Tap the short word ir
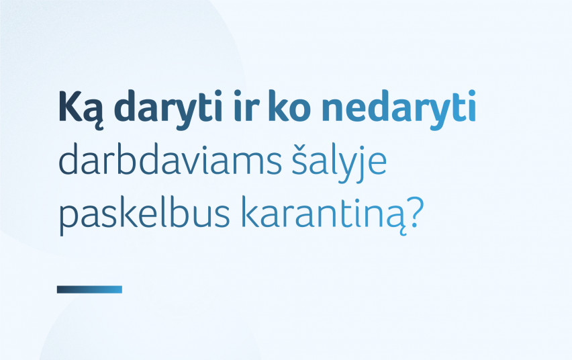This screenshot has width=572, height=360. click(x=246, y=106)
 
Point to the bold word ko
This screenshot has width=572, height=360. click(x=289, y=106)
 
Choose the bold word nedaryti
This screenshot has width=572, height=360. click(x=399, y=108)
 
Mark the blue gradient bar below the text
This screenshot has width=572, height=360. click(x=89, y=289)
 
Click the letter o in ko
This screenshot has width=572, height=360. click(x=300, y=110)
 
